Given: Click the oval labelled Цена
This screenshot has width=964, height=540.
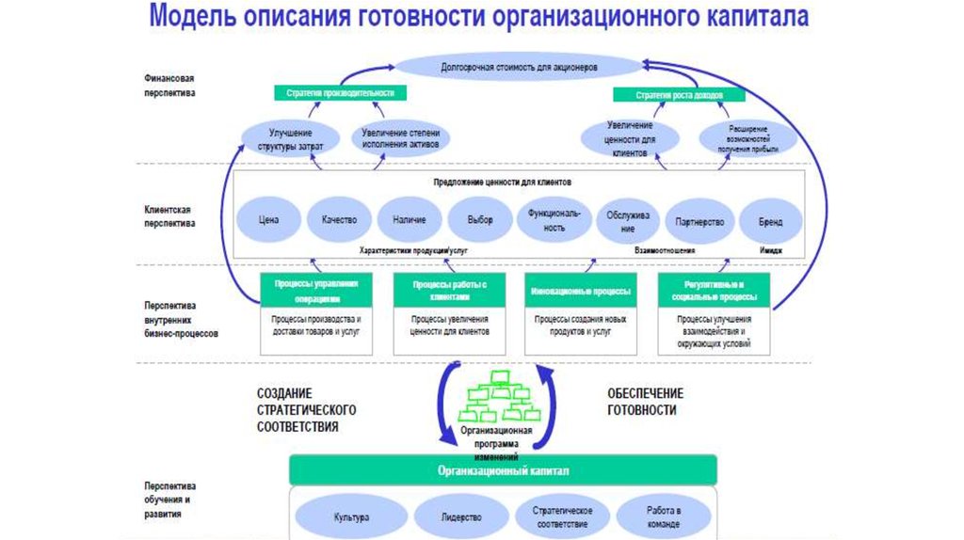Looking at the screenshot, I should pyautogui.click(x=269, y=219).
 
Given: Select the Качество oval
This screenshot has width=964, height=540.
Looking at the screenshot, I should pyautogui.click(x=339, y=219).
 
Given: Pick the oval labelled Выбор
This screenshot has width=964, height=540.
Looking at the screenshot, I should pyautogui.click(x=479, y=219).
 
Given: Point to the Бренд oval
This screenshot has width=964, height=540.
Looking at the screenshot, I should pyautogui.click(x=771, y=222).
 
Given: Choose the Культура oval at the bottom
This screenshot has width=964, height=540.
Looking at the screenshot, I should pyautogui.click(x=351, y=517).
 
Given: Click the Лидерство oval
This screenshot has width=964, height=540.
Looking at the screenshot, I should pyautogui.click(x=460, y=517).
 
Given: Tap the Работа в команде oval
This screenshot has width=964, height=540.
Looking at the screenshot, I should pyautogui.click(x=664, y=517).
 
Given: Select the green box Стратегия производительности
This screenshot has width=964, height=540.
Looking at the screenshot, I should pyautogui.click(x=340, y=93).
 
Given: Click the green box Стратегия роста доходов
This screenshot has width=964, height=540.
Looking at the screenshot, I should pyautogui.click(x=679, y=94).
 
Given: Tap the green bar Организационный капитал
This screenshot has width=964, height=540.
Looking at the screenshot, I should pyautogui.click(x=503, y=469).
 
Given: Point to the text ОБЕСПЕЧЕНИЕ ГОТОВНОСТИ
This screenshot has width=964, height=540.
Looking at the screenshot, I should pyautogui.click(x=645, y=402).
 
